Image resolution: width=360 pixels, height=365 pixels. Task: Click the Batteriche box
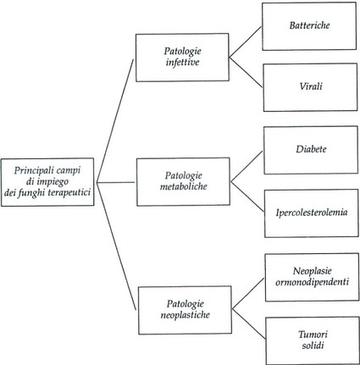click(309, 26)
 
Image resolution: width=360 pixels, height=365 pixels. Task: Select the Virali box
click(310, 87)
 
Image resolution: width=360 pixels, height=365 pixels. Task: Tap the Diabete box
click(311, 150)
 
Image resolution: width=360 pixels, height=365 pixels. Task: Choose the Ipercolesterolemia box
click(312, 213)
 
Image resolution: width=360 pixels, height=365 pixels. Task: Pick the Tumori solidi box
click(313, 340)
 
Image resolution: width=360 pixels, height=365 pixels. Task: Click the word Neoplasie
click(312, 271)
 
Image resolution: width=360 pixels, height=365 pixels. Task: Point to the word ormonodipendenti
click(312, 282)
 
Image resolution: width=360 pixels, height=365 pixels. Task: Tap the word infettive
click(182, 62)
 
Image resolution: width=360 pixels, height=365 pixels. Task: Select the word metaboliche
click(184, 186)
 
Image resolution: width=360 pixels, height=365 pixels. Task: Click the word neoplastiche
click(185, 315)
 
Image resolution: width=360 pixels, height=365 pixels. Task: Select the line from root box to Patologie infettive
click(115, 121)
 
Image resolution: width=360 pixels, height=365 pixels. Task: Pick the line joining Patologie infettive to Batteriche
click(246, 42)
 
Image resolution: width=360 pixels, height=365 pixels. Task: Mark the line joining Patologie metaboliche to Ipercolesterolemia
click(248, 197)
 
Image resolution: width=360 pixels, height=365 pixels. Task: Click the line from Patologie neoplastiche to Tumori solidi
click(249, 324)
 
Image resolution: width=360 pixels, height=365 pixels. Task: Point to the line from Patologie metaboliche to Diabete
click(246, 166)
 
